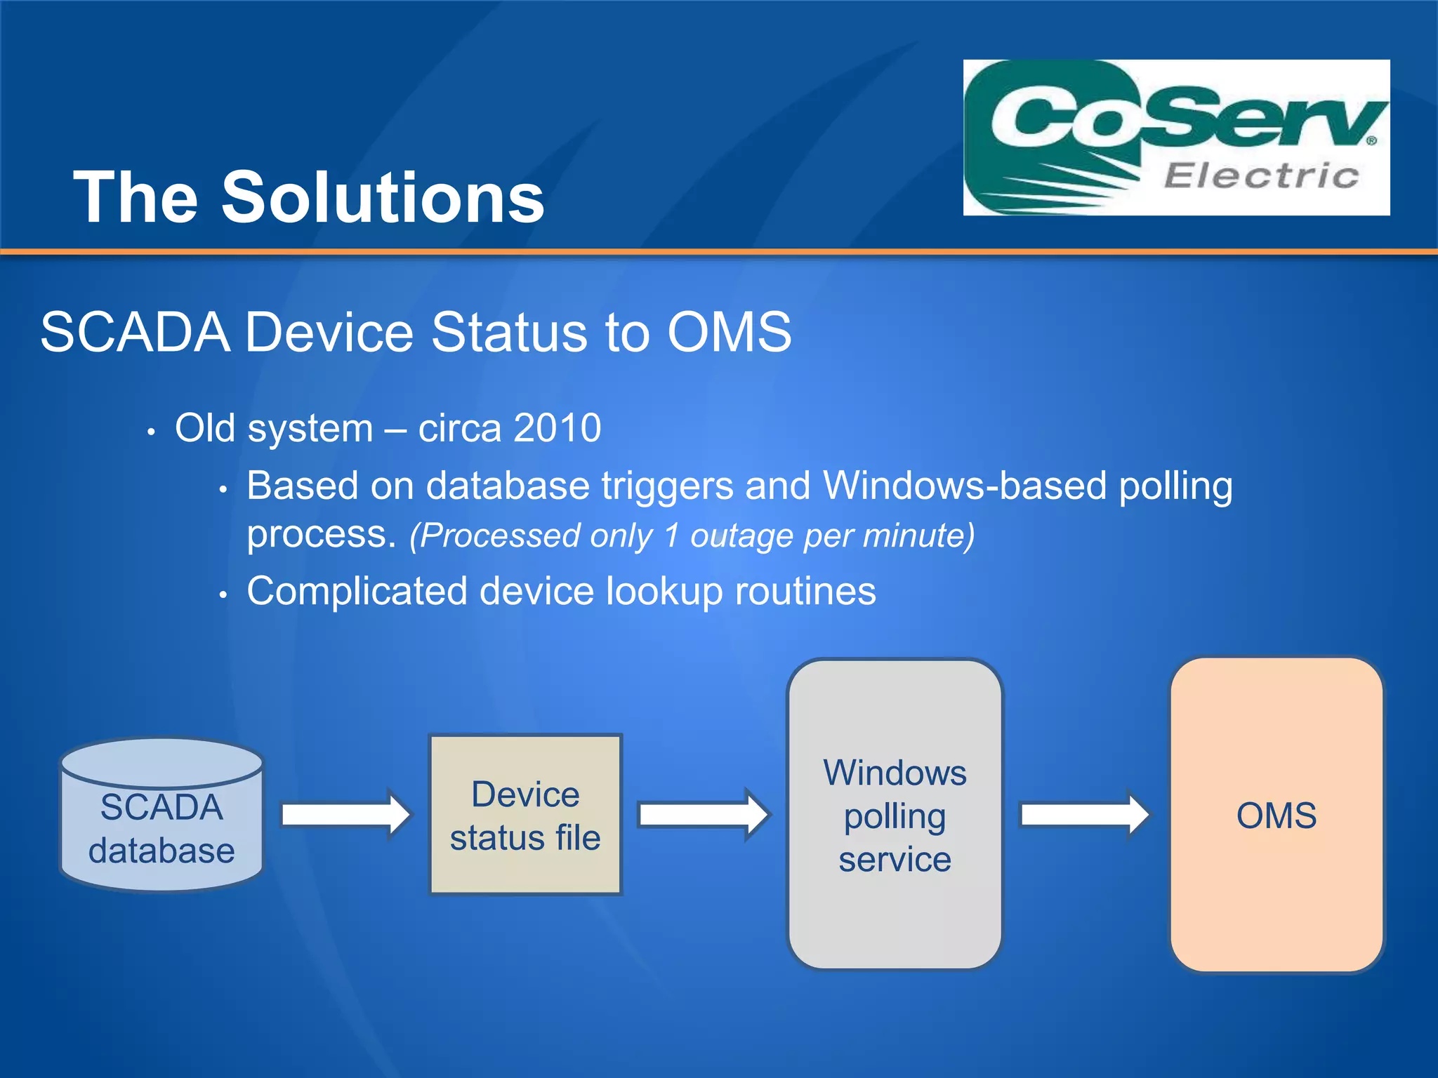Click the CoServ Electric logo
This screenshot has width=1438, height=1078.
(x=1176, y=137)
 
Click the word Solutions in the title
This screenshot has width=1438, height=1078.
(x=383, y=198)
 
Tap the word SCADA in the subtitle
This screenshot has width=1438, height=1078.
(x=135, y=332)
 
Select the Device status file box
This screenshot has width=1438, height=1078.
(x=525, y=815)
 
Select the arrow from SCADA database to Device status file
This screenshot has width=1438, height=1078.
(x=345, y=815)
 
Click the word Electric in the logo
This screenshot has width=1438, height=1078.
(x=1261, y=175)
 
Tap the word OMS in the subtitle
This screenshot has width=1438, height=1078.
(x=729, y=332)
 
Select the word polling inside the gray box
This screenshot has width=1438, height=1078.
(x=895, y=817)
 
